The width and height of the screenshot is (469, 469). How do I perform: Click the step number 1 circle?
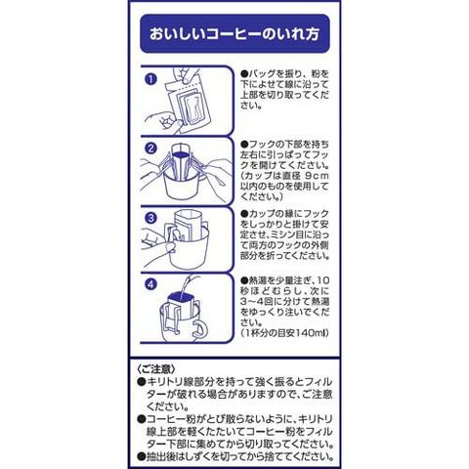pos(150,79)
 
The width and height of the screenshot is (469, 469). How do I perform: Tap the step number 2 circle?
pos(150,149)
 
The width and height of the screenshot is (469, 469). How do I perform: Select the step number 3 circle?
pos(150,218)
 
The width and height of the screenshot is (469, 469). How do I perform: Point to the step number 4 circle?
pos(150,284)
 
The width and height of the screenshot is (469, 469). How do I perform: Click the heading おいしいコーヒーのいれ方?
pos(234,34)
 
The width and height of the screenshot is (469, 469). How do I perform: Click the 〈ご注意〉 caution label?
pos(156,369)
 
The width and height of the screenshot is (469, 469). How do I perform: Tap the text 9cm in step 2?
pos(317,176)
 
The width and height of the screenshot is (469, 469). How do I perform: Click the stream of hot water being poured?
pos(189,284)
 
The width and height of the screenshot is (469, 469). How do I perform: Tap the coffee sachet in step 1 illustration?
pos(189,105)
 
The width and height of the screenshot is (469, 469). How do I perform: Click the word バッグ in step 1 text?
pos(262,73)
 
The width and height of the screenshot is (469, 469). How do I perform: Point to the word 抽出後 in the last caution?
pos(160,456)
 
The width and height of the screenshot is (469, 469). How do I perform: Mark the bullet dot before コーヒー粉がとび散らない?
pos(141,419)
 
